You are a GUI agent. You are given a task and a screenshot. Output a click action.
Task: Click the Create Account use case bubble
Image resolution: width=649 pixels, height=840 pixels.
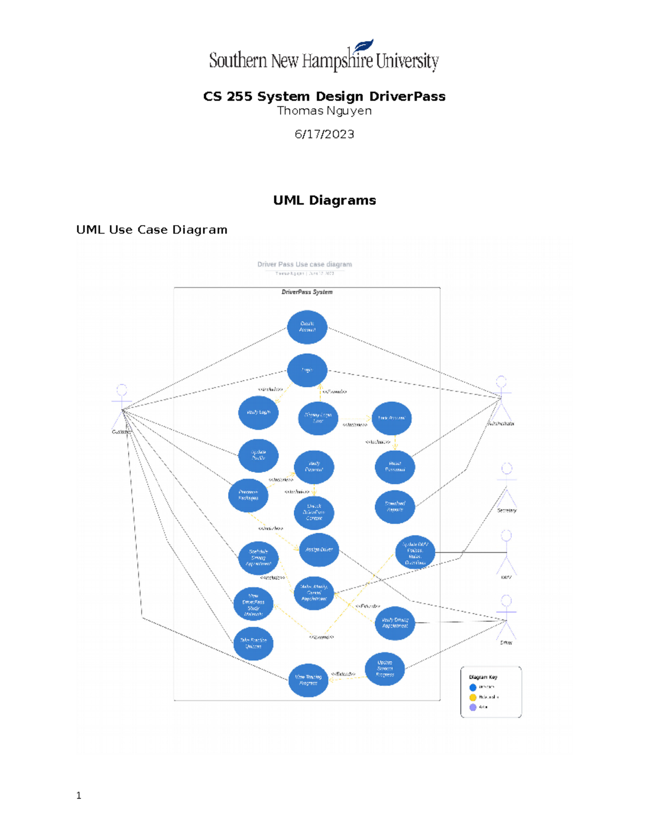pyautogui.click(x=307, y=327)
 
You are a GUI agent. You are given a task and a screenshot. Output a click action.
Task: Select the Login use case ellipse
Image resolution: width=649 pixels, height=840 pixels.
pyautogui.click(x=307, y=370)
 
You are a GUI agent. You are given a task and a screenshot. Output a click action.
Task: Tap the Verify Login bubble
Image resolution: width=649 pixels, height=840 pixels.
pyautogui.click(x=259, y=413)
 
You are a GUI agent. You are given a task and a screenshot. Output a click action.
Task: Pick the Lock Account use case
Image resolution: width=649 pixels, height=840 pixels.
pyautogui.click(x=392, y=418)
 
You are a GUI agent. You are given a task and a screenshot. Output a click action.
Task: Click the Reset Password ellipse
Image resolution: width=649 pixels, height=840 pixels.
pyautogui.click(x=395, y=467)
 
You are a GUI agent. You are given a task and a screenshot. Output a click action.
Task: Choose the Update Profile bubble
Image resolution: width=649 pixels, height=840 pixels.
pyautogui.click(x=259, y=455)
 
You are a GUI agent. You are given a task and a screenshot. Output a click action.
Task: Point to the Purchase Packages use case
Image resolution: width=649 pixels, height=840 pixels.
pyautogui.click(x=248, y=495)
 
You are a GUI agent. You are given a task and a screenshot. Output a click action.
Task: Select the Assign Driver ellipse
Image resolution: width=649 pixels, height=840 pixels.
pyautogui.click(x=319, y=550)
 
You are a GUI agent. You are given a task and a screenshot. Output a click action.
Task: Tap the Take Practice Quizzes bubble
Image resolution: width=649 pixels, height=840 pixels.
pyautogui.click(x=253, y=643)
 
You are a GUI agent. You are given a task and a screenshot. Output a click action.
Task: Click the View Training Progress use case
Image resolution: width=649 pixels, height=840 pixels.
pyautogui.click(x=308, y=680)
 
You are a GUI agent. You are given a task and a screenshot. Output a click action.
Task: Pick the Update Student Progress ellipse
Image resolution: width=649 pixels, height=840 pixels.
pyautogui.click(x=385, y=669)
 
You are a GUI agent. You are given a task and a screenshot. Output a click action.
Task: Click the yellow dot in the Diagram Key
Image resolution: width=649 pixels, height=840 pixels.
pyautogui.click(x=473, y=697)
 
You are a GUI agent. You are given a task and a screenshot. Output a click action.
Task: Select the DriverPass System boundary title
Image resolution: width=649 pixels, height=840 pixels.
pyautogui.click(x=307, y=292)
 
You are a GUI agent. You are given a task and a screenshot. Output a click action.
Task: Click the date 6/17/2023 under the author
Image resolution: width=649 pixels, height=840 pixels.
pyautogui.click(x=325, y=134)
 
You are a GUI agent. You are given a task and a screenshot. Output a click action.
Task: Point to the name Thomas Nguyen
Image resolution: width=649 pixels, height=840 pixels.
pyautogui.click(x=325, y=111)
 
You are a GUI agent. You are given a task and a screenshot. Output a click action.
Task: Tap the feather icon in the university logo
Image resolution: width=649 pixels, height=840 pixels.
pyautogui.click(x=363, y=45)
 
